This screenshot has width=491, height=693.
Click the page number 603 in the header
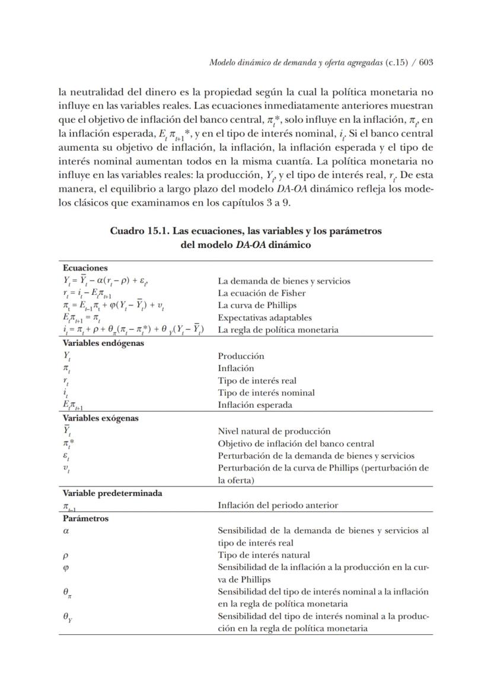[x=425, y=63]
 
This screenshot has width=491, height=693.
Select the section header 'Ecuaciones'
[x=85, y=268]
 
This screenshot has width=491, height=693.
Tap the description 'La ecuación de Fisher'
[x=262, y=293]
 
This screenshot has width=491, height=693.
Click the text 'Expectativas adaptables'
[x=264, y=317]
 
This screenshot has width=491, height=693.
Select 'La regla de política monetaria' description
[x=278, y=330]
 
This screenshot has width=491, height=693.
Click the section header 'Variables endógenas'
[x=103, y=343]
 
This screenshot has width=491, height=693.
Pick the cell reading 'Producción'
[x=241, y=356]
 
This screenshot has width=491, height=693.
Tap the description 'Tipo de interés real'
[x=257, y=380]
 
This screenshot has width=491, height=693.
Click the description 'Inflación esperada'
[x=254, y=405]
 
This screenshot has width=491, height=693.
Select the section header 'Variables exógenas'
[x=101, y=418]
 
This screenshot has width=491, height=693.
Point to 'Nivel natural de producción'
[x=274, y=431]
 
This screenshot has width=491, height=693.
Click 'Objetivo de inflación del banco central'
[x=296, y=443]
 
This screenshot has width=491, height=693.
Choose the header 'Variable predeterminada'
[x=112, y=492]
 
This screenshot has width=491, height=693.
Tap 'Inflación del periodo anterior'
[x=278, y=506]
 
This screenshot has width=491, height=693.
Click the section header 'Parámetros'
[x=86, y=518]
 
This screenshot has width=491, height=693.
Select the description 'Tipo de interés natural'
[x=264, y=555]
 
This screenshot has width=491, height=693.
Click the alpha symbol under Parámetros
[x=66, y=531]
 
